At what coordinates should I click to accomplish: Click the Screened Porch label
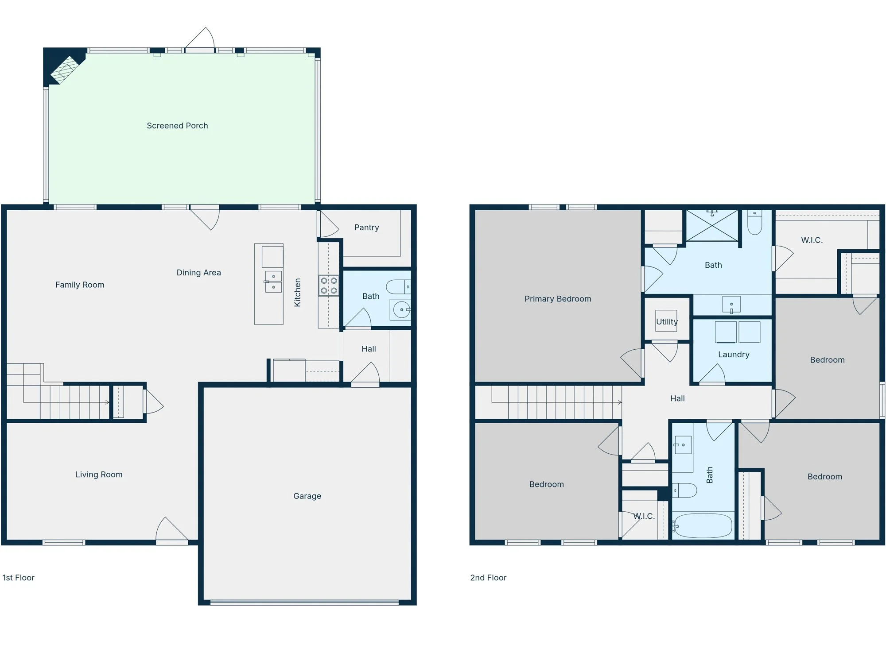177,126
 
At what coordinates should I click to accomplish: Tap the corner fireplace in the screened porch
65,70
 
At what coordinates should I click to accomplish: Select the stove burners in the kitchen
329,286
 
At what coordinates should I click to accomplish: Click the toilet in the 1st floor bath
398,287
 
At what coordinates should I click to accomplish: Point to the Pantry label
366,228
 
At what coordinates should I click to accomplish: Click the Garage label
307,496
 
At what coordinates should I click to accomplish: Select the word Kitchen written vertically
298,293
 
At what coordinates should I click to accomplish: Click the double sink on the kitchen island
273,282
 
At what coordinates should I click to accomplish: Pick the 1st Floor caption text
19,578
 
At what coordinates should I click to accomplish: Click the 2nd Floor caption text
488,578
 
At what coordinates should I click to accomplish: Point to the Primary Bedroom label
558,299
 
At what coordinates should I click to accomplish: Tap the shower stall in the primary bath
712,226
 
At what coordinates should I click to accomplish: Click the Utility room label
667,322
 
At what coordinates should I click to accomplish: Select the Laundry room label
734,355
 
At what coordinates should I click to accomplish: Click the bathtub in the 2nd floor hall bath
703,525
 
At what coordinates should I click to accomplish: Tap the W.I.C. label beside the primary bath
812,240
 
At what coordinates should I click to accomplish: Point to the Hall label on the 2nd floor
677,398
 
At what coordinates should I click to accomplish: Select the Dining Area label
198,273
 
